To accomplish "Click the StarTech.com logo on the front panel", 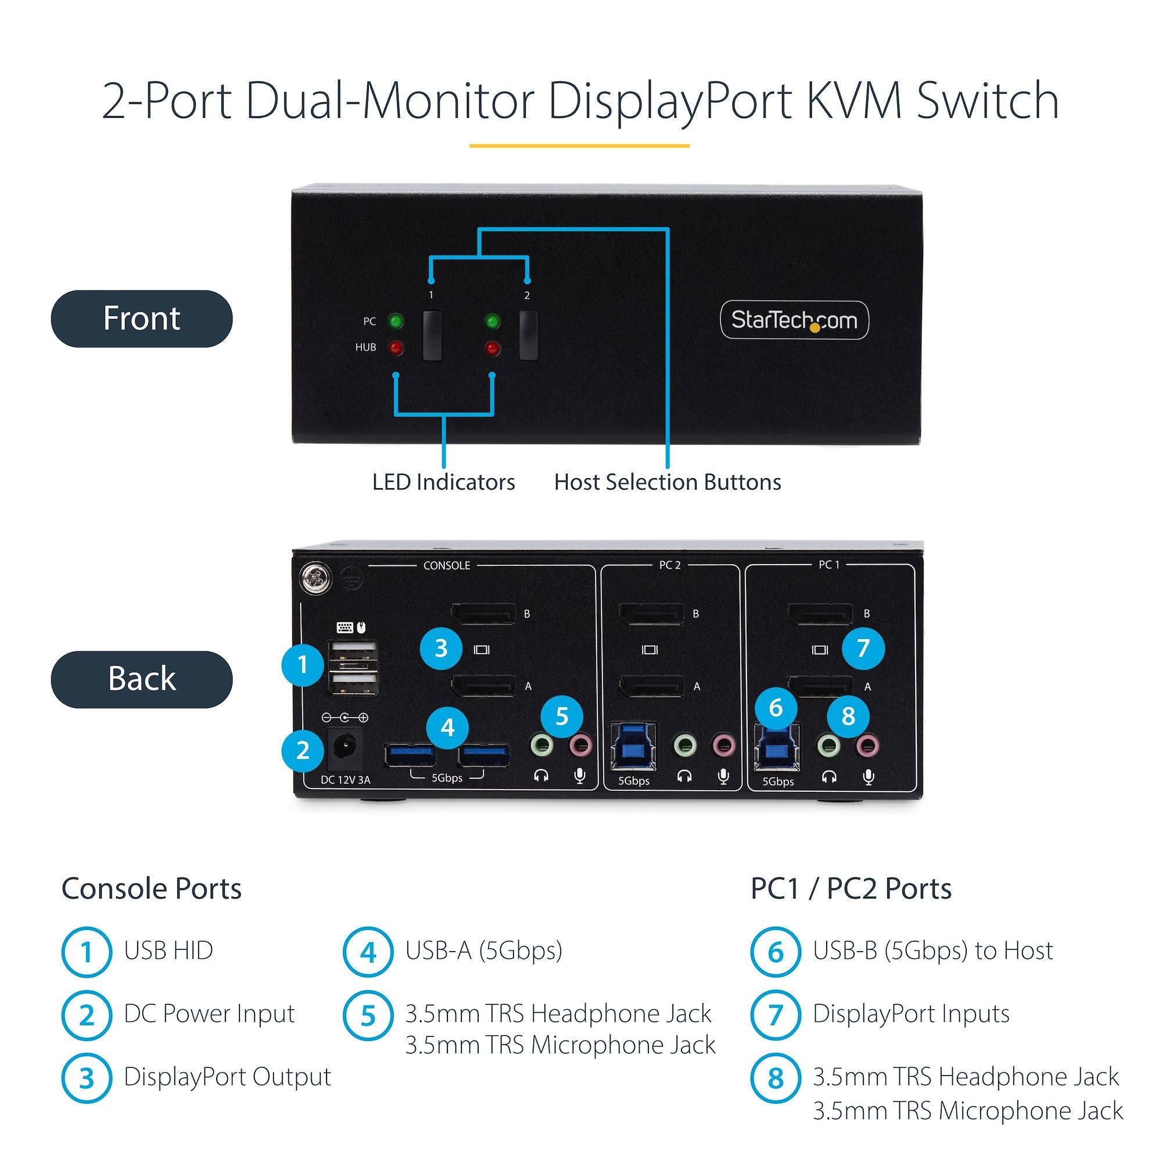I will (794, 320).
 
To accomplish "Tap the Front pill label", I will (141, 318).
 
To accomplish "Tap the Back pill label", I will (141, 679).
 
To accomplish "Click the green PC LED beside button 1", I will (396, 321).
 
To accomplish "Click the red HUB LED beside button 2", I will (493, 348).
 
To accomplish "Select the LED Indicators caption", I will (443, 482).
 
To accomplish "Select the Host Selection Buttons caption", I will (667, 482).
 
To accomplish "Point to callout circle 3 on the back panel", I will (441, 648).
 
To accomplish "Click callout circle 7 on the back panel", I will (863, 648).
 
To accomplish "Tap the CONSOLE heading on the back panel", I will (446, 565).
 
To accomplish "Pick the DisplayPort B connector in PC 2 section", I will (651, 614).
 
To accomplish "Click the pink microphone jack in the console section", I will (580, 746).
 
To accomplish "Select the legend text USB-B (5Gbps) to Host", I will (933, 951).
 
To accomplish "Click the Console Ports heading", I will (151, 889).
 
